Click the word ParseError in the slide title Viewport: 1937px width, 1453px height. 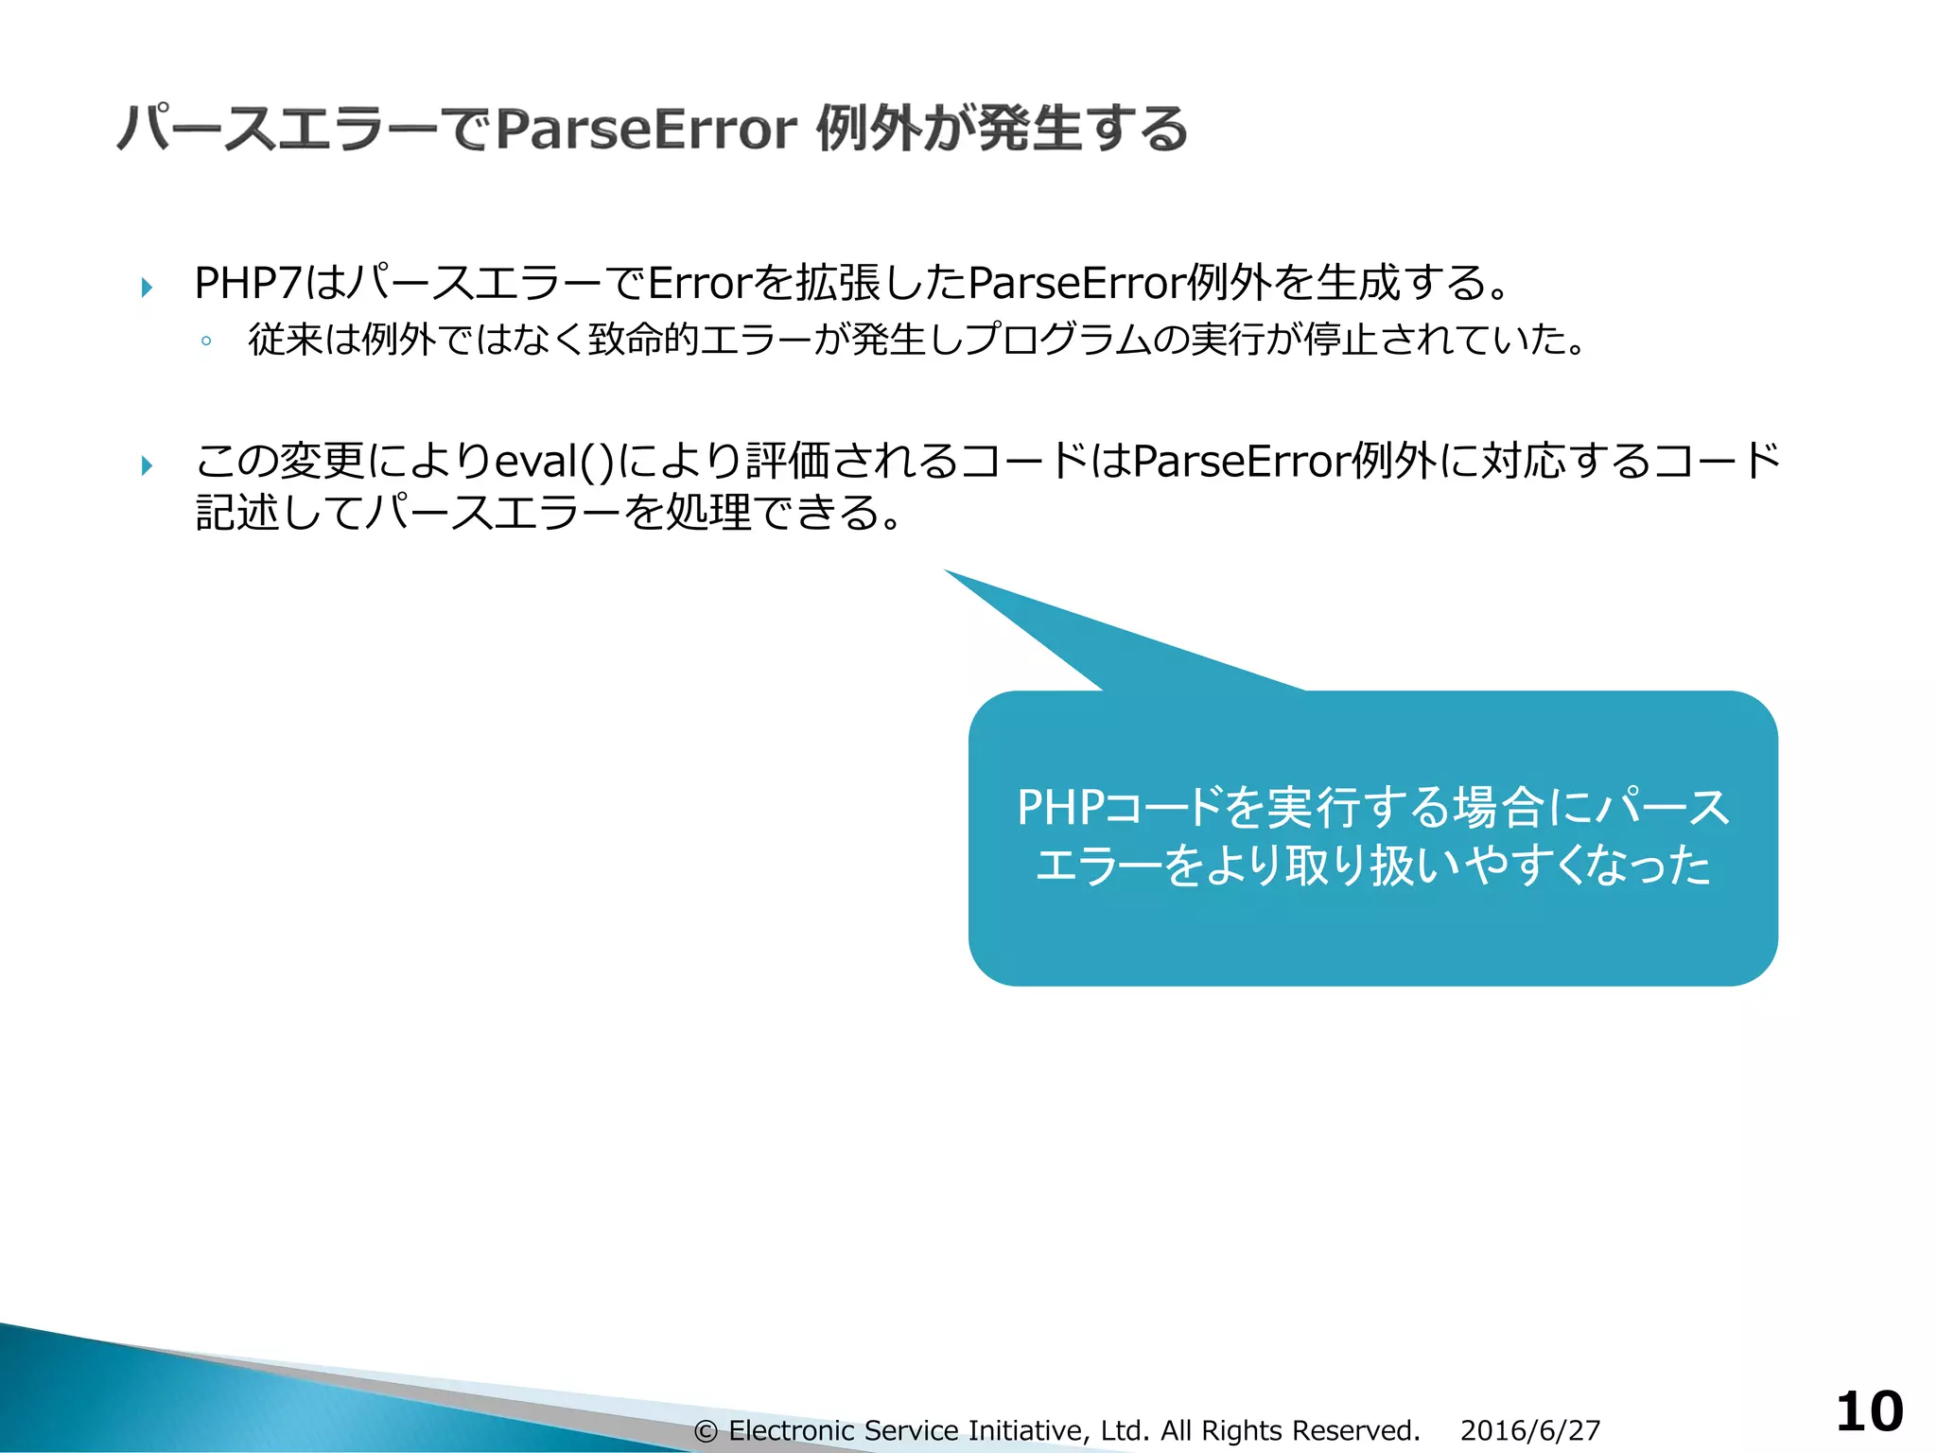coord(646,130)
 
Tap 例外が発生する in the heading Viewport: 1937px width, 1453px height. coord(1002,130)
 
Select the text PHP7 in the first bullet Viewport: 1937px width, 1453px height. coord(247,283)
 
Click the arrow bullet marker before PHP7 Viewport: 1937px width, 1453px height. coord(147,287)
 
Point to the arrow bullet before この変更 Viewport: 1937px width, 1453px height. coord(147,464)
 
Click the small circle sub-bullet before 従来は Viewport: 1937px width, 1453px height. coord(205,341)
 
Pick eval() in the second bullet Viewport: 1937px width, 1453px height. coord(554,462)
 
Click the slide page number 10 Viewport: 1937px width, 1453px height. coord(1869,1411)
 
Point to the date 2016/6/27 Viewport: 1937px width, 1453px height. coord(1529,1430)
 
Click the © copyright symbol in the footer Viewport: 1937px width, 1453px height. coord(706,1431)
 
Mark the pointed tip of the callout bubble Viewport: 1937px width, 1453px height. coord(947,571)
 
